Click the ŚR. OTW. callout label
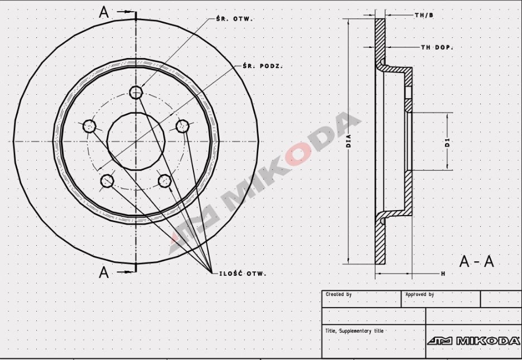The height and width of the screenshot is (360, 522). pyautogui.click(x=234, y=18)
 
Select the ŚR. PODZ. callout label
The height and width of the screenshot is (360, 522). pyautogui.click(x=262, y=66)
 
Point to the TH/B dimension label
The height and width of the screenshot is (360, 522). pyautogui.click(x=424, y=15)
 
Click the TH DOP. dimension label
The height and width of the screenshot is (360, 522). pyautogui.click(x=437, y=47)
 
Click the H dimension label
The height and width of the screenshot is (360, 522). pyautogui.click(x=443, y=274)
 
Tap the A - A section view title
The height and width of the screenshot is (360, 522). pyautogui.click(x=476, y=261)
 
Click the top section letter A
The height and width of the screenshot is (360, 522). pyautogui.click(x=104, y=12)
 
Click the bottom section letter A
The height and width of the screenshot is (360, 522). pyautogui.click(x=104, y=272)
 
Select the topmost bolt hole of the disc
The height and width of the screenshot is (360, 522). pyautogui.click(x=136, y=92)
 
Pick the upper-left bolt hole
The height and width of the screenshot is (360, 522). pyautogui.click(x=89, y=127)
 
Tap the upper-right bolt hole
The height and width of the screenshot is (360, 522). pyautogui.click(x=182, y=127)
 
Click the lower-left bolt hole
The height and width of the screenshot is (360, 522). pyautogui.click(x=107, y=181)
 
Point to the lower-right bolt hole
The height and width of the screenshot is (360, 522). pyautogui.click(x=165, y=181)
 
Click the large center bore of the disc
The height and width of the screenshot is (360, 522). pyautogui.click(x=136, y=142)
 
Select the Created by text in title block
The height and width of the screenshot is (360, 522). pyautogui.click(x=339, y=294)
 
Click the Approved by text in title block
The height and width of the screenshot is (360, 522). pyautogui.click(x=419, y=294)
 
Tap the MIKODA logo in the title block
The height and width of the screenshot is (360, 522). pyautogui.click(x=473, y=340)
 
